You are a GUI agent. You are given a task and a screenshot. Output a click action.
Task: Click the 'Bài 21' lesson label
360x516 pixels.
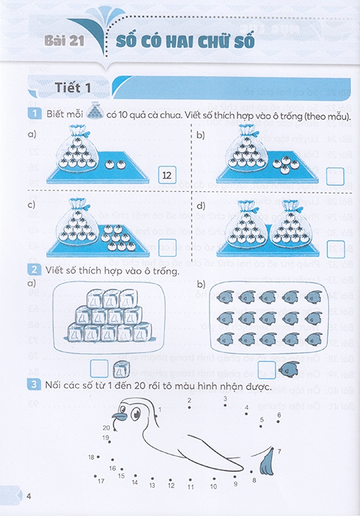pyautogui.click(x=64, y=42)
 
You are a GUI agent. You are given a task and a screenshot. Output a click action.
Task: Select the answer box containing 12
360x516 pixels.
pyautogui.click(x=167, y=175)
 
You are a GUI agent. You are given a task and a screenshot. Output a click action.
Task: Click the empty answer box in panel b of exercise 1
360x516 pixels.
pyautogui.click(x=336, y=176)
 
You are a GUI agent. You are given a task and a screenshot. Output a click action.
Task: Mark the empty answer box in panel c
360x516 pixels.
pyautogui.click(x=167, y=247)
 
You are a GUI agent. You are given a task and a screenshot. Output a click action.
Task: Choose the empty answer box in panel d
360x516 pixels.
pyautogui.click(x=336, y=247)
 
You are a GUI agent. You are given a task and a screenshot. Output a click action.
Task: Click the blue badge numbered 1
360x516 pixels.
pyautogui.click(x=33, y=115)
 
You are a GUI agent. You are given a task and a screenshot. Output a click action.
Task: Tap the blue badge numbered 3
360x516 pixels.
pyautogui.click(x=33, y=385)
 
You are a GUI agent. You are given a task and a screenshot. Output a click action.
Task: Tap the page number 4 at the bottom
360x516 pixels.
pyautogui.click(x=28, y=498)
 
